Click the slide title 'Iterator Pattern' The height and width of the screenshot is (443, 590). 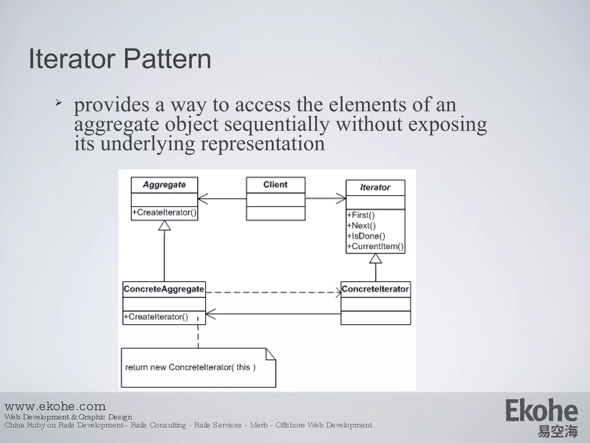pos(120,59)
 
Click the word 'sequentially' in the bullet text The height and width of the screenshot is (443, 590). pos(277,124)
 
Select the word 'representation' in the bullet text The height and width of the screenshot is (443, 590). pos(262,144)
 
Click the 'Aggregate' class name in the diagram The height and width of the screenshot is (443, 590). pos(164,185)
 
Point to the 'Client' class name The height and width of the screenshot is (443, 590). pos(275,185)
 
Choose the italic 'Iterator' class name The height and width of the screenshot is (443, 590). pos(375,187)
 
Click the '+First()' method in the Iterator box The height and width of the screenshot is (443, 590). pos(361,215)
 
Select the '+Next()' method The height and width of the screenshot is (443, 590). pos(361,226)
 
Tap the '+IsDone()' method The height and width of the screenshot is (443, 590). pos(366,236)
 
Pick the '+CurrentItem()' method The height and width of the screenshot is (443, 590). pos(375,246)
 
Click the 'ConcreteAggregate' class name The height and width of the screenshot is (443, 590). pos(164,289)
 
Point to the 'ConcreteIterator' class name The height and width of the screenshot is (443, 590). pos(375,289)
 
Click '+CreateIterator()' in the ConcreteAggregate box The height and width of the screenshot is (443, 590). pos(156,317)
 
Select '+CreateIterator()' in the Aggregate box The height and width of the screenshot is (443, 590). pos(164,213)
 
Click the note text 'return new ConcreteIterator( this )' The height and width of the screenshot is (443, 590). pos(190,367)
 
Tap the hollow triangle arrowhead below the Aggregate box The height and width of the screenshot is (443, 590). pos(164,226)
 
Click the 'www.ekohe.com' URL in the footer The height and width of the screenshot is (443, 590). pos(55,406)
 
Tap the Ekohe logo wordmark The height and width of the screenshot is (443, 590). pos(542,411)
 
